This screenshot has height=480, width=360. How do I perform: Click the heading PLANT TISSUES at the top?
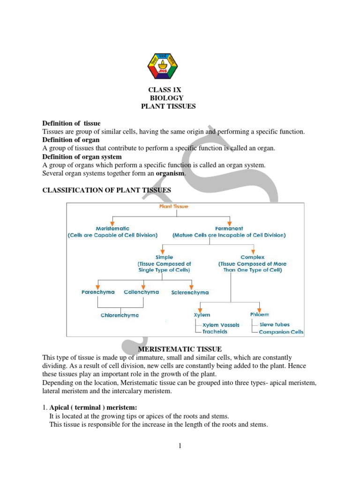click(168, 106)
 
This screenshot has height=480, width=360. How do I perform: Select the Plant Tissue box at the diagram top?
click(176, 206)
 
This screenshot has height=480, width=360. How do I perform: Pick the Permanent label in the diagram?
click(229, 228)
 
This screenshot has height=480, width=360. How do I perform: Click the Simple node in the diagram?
click(164, 257)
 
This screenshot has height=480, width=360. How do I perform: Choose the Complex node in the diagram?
click(252, 257)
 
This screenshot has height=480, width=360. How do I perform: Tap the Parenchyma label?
click(97, 292)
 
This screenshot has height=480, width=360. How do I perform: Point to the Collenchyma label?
click(141, 292)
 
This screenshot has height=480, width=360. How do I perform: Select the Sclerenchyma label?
click(190, 292)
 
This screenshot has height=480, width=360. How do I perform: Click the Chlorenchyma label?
click(120, 315)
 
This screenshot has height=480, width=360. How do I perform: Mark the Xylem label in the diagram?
click(202, 315)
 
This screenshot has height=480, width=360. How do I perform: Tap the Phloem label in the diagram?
click(259, 315)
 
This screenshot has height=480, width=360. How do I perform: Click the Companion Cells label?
click(281, 332)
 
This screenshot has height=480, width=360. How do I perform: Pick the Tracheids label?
click(215, 332)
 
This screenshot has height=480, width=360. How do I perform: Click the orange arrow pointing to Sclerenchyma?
click(191, 285)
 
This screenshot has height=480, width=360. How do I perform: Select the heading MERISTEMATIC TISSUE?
click(180, 349)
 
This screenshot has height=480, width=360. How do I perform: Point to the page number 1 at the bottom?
click(180, 446)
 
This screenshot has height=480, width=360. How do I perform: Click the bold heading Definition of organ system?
click(82, 157)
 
